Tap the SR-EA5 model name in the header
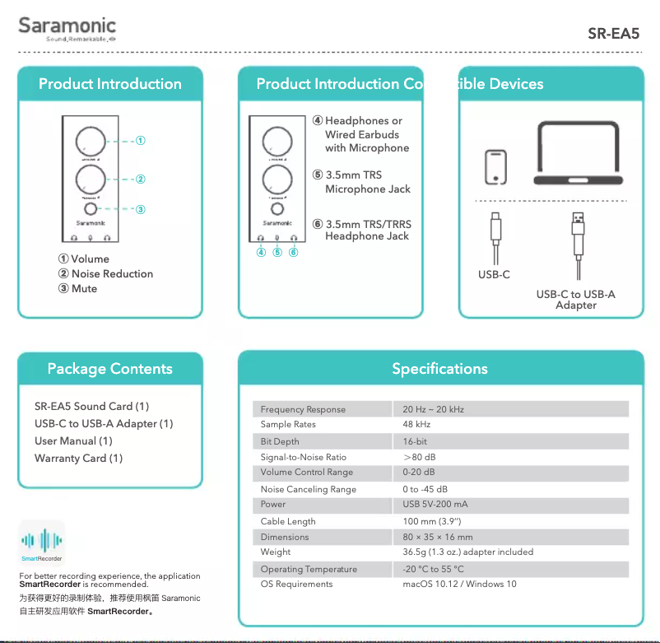[613, 35]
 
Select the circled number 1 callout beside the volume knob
[141, 141]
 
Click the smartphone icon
[495, 167]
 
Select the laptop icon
[578, 153]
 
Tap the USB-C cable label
[494, 275]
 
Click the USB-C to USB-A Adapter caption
[575, 300]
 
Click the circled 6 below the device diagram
[293, 252]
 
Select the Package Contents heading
[110, 369]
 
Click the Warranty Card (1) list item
[78, 459]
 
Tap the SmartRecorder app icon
[42, 543]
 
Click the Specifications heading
[439, 369]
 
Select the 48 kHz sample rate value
[416, 425]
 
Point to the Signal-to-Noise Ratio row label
[303, 457]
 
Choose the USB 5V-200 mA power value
[435, 505]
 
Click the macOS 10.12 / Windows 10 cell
[459, 585]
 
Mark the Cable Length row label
[288, 521]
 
